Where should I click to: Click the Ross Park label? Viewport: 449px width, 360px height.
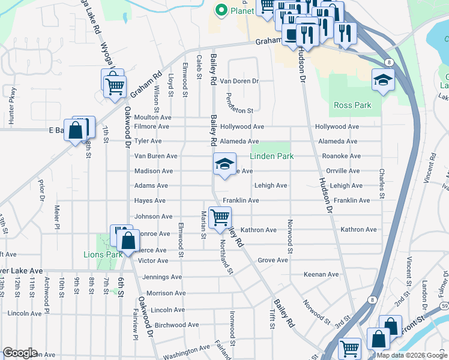(352, 105)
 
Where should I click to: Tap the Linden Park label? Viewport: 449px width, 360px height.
(272, 156)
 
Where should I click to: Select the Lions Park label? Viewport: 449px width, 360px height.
(103, 254)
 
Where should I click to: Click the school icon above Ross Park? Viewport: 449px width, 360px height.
(382, 79)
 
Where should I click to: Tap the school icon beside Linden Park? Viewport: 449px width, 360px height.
(224, 164)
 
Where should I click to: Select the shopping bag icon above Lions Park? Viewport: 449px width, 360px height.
(128, 241)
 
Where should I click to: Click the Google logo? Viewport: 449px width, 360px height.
(20, 353)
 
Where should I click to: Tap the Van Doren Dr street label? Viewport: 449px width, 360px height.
(239, 81)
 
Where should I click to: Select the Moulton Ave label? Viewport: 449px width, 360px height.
(153, 118)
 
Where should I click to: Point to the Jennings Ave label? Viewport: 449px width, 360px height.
(162, 277)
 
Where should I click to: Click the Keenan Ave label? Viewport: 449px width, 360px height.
(321, 274)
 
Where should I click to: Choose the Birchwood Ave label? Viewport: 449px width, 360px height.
(176, 325)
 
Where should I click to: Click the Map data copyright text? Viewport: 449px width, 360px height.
(411, 355)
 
